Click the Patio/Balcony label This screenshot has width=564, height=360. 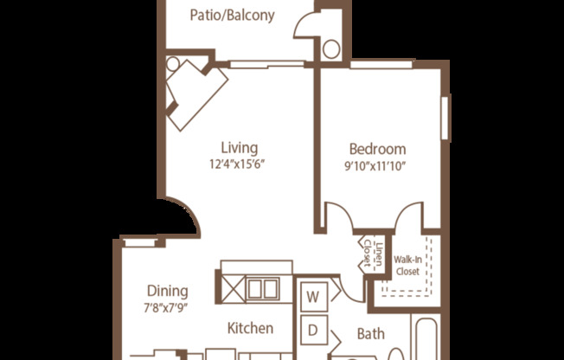232,16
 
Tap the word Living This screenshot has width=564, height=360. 239,148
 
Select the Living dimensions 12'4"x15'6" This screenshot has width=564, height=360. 239,164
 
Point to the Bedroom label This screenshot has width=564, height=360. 378,149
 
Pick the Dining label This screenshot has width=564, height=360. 166,291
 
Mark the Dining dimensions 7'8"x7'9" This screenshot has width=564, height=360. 166,307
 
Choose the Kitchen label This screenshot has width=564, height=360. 251,328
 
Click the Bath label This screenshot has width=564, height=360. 370,333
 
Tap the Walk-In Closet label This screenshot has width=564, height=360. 407,265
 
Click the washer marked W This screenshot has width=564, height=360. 314,297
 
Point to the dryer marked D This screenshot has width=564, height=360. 314,330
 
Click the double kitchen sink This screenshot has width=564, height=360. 262,289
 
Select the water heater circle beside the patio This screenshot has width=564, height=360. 331,48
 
